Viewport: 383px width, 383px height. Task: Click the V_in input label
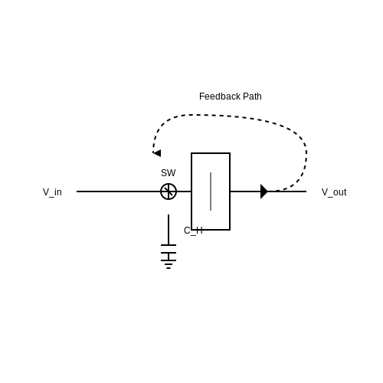[52, 192]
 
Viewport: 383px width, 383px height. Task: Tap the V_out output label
[334, 192]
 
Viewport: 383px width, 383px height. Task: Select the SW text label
[169, 173]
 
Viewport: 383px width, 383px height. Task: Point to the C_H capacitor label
[193, 231]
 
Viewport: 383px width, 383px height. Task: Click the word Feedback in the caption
[220, 97]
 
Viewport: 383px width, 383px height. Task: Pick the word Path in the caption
[252, 97]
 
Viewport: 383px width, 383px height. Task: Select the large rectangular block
[191, 191]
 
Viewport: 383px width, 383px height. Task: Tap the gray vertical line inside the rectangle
[211, 191]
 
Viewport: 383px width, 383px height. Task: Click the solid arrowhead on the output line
[264, 191]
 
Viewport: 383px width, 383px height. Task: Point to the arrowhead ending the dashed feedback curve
[157, 153]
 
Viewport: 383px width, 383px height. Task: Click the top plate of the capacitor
[169, 245]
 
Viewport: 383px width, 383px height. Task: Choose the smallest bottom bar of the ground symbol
[169, 268]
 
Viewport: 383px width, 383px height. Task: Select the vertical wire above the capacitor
[169, 230]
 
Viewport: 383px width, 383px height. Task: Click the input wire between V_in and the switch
[119, 191]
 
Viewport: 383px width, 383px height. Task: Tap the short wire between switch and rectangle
[184, 191]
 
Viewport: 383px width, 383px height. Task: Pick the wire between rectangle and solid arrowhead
[245, 191]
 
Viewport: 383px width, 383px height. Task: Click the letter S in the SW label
[164, 173]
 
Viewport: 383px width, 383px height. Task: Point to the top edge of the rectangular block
[211, 153]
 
